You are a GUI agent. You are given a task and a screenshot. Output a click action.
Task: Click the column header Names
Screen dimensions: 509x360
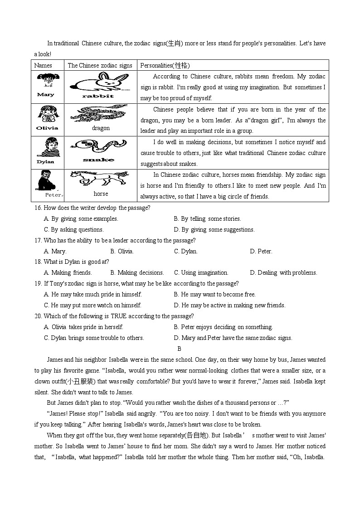(x=43, y=65)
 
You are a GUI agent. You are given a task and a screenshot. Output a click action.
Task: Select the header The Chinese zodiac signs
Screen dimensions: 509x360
(x=100, y=65)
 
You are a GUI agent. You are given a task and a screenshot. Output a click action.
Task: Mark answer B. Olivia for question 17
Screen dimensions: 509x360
(x=122, y=251)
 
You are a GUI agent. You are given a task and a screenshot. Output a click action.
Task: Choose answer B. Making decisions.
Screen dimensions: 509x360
(x=136, y=272)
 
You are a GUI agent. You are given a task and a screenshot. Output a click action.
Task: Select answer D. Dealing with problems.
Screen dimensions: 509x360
(x=283, y=272)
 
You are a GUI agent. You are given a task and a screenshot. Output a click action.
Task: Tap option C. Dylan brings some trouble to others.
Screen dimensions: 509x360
(x=94, y=338)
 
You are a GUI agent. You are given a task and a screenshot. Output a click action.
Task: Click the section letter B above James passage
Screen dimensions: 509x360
(x=179, y=349)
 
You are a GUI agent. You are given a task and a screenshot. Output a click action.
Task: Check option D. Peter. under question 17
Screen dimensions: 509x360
(x=261, y=251)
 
